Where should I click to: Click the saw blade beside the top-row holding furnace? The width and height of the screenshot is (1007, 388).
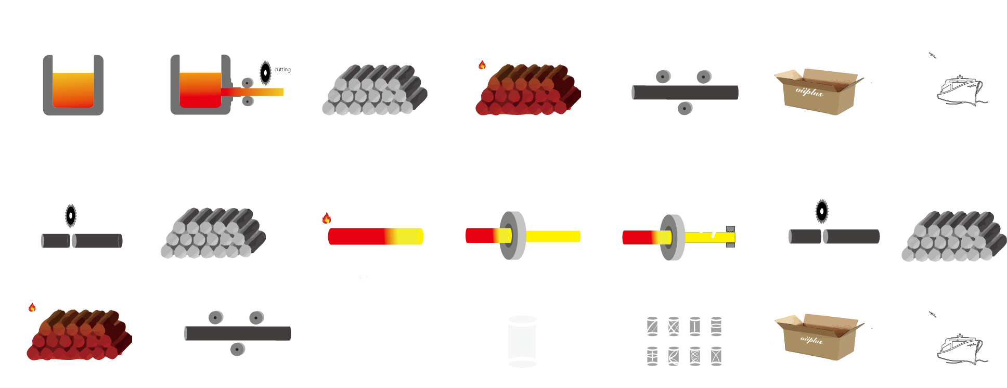click(x=265, y=72)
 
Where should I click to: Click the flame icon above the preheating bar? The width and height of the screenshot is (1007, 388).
click(x=327, y=218)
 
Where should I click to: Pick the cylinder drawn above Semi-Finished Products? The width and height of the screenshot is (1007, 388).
click(x=381, y=342)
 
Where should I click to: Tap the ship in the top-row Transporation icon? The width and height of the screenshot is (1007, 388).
click(x=960, y=91)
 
